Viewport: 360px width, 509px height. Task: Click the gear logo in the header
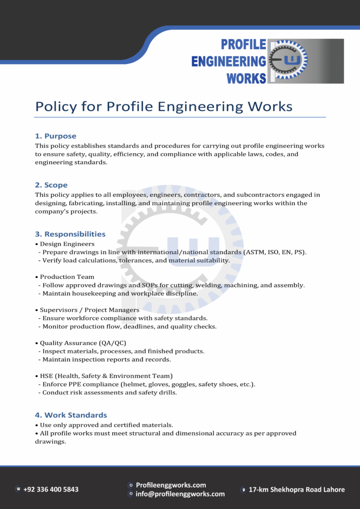pyautogui.click(x=289, y=61)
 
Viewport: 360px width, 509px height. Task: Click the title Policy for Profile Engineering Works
pyautogui.click(x=164, y=106)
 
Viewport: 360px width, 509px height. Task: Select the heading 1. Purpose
pyautogui.click(x=56, y=136)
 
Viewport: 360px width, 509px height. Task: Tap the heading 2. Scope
pyautogui.click(x=51, y=185)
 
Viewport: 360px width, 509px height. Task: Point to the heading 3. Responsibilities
pyautogui.click(x=70, y=234)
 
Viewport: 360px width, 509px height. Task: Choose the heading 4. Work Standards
pyautogui.click(x=71, y=415)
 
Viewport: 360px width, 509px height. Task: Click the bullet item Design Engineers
pyautogui.click(x=67, y=244)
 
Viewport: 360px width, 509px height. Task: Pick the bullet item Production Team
pyautogui.click(x=67, y=277)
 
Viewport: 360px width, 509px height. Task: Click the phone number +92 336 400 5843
pyautogui.click(x=51, y=489)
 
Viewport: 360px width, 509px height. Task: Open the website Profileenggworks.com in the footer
pyautogui.click(x=171, y=485)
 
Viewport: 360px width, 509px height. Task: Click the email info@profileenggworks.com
pyautogui.click(x=180, y=494)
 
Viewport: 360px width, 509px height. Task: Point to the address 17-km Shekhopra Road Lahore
pyautogui.click(x=296, y=490)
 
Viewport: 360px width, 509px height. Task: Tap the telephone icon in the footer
pyautogui.click(x=18, y=489)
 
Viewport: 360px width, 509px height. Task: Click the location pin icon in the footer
pyautogui.click(x=243, y=490)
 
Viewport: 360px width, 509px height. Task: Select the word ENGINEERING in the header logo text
pyautogui.click(x=228, y=62)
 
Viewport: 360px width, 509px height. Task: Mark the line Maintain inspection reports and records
pyautogui.click(x=106, y=359)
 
